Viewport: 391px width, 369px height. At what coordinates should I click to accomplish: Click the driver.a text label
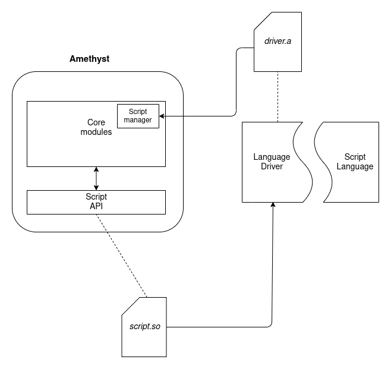click(x=278, y=42)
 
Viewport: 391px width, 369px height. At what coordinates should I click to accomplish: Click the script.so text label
click(x=144, y=326)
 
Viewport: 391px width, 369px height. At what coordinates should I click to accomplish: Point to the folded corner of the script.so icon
click(x=130, y=305)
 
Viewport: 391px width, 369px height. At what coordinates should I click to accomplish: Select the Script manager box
click(x=138, y=116)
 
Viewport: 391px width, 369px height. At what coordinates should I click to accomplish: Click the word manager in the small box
click(x=138, y=120)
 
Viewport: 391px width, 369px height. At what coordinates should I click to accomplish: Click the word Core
click(x=96, y=122)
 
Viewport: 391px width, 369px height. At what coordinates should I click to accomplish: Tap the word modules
click(x=96, y=132)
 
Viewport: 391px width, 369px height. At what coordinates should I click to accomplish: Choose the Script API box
click(x=96, y=202)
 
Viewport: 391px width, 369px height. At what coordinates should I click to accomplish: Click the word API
click(x=96, y=206)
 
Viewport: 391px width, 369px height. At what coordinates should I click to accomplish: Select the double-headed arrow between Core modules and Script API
click(x=96, y=178)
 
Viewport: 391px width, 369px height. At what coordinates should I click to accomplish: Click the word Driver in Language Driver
click(x=272, y=166)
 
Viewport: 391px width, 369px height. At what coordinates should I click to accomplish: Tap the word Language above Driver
click(x=272, y=157)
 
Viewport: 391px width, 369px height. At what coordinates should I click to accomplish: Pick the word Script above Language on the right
click(x=355, y=157)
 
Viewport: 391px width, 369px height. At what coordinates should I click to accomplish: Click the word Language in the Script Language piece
click(x=355, y=166)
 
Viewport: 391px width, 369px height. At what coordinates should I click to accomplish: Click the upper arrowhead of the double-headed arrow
click(x=96, y=169)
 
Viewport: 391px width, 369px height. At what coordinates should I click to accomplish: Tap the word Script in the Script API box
click(x=96, y=197)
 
